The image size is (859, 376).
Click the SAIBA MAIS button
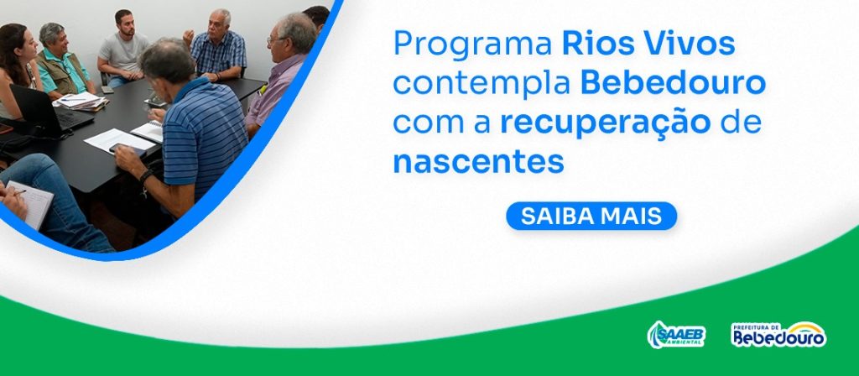pyautogui.click(x=591, y=216)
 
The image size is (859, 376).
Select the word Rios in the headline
pyautogui.click(x=596, y=43)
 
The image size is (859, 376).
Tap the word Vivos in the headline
pyautogui.click(x=688, y=43)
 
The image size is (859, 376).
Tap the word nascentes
pyautogui.click(x=478, y=162)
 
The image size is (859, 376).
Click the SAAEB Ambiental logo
pyautogui.click(x=676, y=335)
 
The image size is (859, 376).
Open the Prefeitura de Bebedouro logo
pyautogui.click(x=778, y=334)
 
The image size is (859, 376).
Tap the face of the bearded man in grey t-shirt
pyautogui.click(x=127, y=23)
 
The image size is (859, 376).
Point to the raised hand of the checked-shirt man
pyautogui.click(x=188, y=38)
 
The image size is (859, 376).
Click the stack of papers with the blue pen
pyautogui.click(x=81, y=101)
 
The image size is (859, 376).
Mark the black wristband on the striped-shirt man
pyautogui.click(x=144, y=175)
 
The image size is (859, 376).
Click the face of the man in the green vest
pyautogui.click(x=56, y=40)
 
